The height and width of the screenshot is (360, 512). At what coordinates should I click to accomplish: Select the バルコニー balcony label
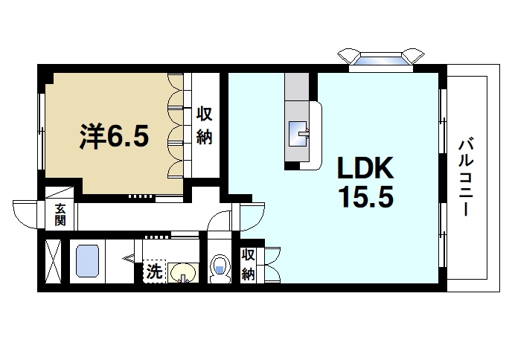tap(466, 176)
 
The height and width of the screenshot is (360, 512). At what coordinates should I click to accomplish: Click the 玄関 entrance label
tap(60, 215)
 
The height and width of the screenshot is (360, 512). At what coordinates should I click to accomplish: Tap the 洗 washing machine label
tap(153, 271)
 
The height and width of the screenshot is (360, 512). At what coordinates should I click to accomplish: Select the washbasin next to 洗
tap(182, 273)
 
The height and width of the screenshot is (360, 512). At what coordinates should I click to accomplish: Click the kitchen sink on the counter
tap(299, 133)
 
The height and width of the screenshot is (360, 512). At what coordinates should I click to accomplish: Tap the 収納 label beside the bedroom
tap(205, 126)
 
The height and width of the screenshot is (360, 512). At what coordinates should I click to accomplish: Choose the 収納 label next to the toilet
tap(249, 264)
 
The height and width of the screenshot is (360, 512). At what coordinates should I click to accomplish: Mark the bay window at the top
tap(380, 57)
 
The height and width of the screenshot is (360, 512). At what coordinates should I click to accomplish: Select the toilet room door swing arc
tap(219, 223)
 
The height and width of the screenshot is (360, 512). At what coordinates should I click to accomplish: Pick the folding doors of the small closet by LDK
tap(272, 265)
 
